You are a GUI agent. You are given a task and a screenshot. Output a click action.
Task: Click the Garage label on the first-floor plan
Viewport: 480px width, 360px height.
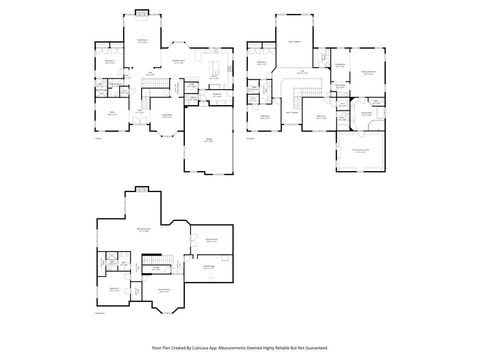208,140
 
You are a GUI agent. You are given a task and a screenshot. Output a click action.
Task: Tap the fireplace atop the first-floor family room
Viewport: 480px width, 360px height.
142,13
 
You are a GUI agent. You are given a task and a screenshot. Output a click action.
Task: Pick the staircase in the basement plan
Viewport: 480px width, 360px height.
154,266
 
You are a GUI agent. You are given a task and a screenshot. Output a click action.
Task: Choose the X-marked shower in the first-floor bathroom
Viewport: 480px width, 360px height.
100,90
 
